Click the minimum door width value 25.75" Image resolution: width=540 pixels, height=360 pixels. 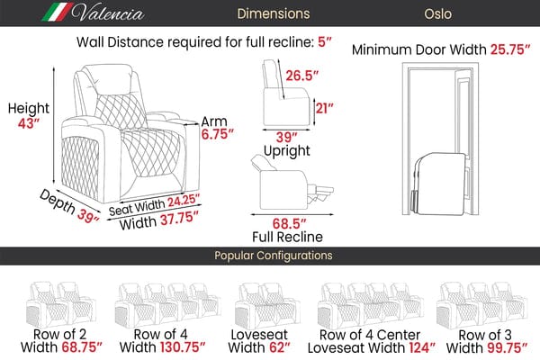[505, 48]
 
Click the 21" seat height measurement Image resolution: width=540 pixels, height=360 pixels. [326, 109]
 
